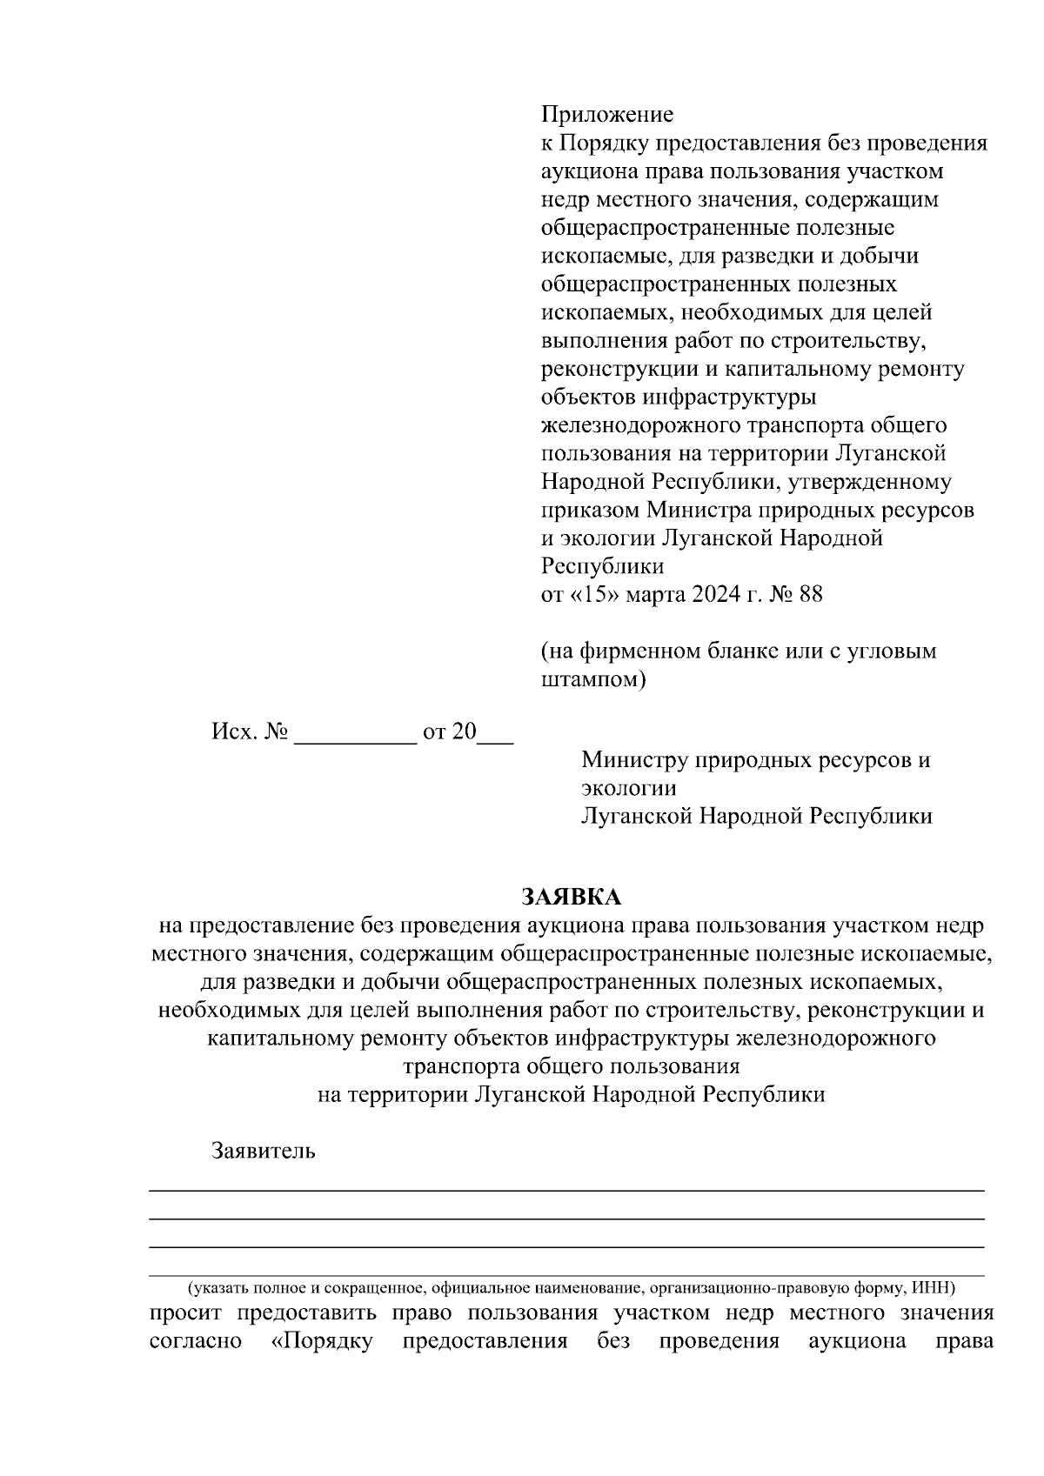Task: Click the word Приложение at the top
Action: coord(607,115)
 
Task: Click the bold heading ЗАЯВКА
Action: coord(572,897)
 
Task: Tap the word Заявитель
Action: coord(263,1151)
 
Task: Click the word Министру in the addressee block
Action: coord(634,760)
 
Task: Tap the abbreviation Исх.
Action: coord(235,731)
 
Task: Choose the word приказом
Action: coord(591,510)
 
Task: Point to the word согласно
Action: coord(196,1340)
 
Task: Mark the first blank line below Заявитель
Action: coord(566,1189)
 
